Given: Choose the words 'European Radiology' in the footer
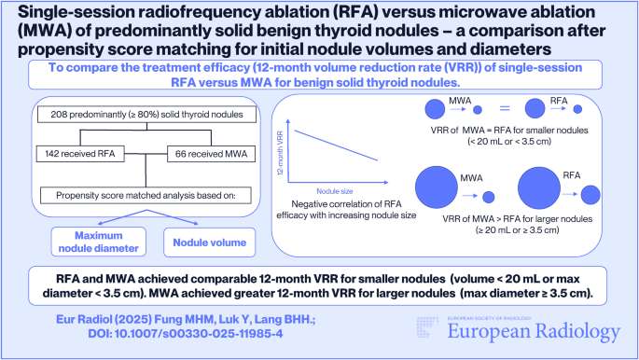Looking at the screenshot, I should [521, 331].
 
